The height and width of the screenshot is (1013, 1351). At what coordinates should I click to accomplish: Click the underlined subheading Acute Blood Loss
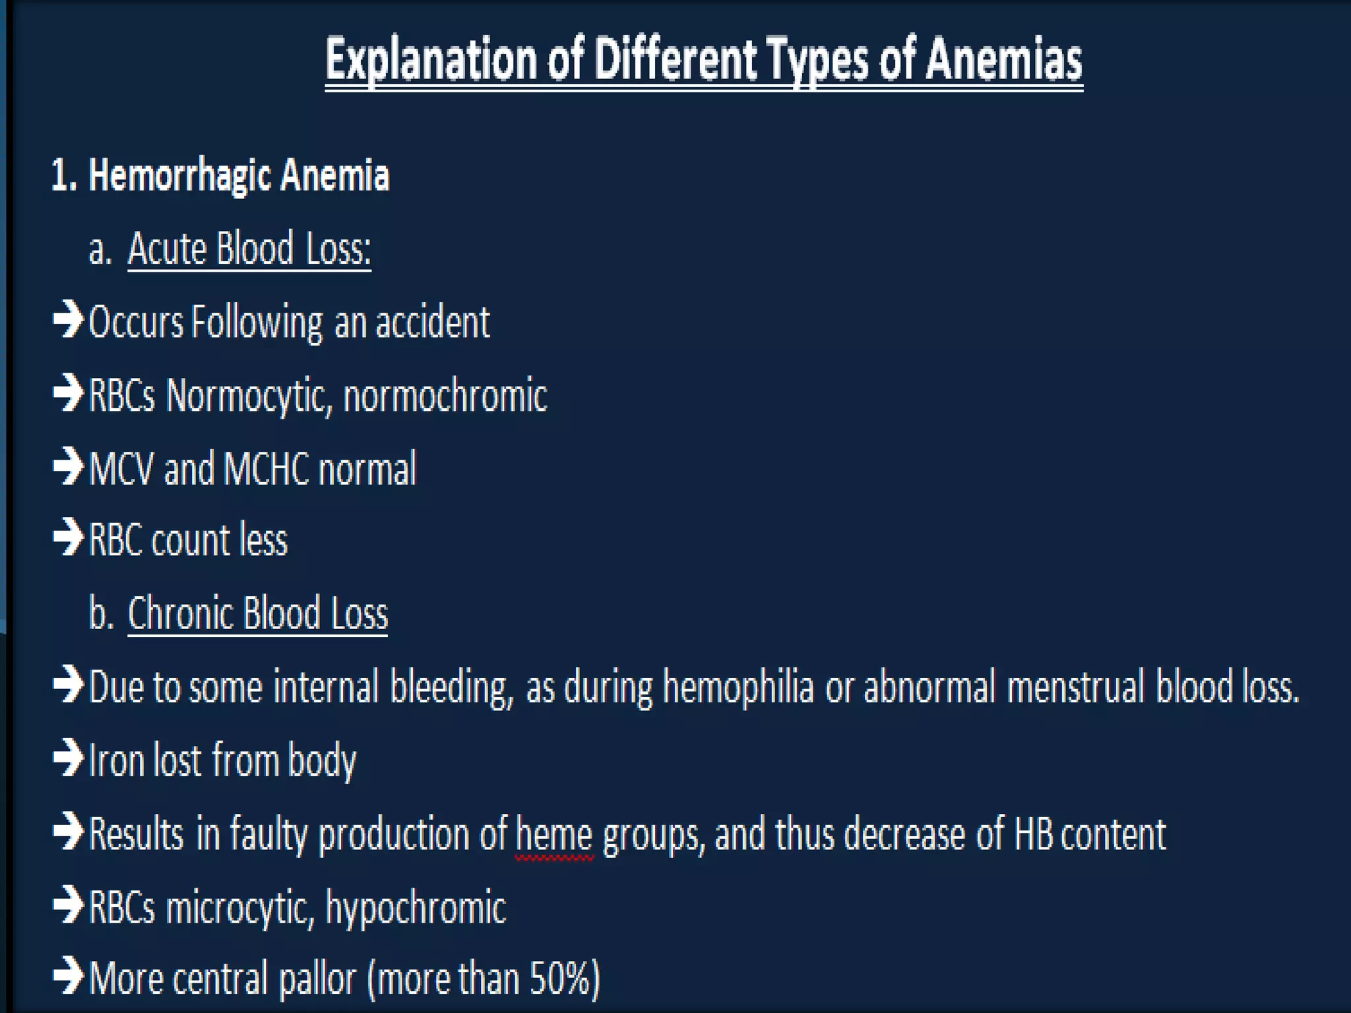[249, 249]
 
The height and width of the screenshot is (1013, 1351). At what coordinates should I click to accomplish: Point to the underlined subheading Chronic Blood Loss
[257, 613]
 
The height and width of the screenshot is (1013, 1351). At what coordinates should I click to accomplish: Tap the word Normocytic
[248, 396]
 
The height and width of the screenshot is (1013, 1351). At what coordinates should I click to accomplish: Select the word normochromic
[445, 396]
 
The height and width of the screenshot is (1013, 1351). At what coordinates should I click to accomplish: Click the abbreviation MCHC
[267, 469]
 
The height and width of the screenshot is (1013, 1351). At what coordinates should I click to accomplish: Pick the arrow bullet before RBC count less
[68, 537]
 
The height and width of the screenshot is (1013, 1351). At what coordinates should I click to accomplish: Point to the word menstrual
[1075, 687]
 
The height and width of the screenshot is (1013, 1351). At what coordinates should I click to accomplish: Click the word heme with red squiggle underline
[554, 834]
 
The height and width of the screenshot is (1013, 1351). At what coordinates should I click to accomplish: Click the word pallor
[317, 980]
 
